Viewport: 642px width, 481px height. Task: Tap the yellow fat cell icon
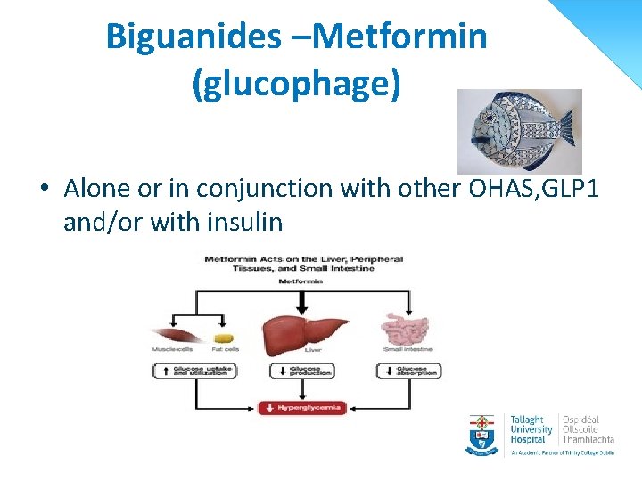(x=222, y=339)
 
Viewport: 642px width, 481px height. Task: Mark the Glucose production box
(x=304, y=371)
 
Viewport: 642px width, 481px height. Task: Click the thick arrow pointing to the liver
(x=303, y=299)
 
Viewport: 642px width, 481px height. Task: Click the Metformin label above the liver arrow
(x=303, y=281)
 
